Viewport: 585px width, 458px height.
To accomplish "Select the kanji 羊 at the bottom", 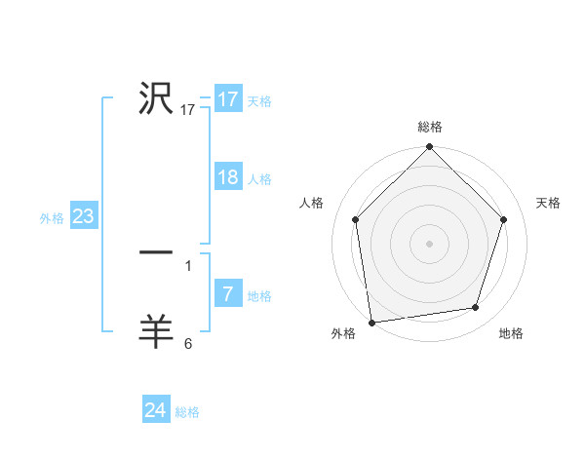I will tap(156, 331).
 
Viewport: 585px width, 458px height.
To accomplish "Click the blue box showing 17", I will tap(228, 99).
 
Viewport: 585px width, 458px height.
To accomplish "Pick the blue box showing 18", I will tap(228, 177).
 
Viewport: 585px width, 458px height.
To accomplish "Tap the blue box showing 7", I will tap(228, 294).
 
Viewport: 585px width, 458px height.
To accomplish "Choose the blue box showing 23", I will tap(83, 216).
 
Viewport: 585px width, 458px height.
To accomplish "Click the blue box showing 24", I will tap(155, 410).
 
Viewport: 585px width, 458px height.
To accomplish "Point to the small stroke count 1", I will tap(187, 265).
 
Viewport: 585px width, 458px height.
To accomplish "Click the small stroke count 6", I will tap(188, 343).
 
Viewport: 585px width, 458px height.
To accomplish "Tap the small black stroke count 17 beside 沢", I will tap(188, 110).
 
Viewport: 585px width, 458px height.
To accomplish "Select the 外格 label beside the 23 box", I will tap(52, 218).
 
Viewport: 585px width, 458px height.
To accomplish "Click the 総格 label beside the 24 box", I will tap(187, 412).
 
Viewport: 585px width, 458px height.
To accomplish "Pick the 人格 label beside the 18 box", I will tap(259, 179).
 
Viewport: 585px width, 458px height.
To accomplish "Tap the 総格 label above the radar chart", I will tap(430, 127).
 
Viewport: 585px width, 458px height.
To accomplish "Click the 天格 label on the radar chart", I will tap(548, 203).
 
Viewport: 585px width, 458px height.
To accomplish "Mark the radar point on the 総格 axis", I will tap(429, 148).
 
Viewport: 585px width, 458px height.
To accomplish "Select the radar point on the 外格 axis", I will tap(371, 322).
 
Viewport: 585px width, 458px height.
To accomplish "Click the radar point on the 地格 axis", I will tap(476, 308).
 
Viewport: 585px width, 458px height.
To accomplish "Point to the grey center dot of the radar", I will tap(429, 243).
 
